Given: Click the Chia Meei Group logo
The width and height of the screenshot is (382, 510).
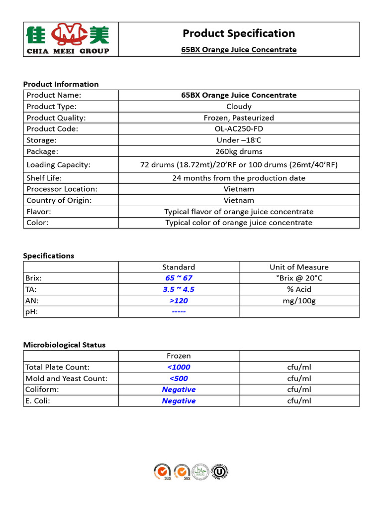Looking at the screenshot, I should (x=68, y=38).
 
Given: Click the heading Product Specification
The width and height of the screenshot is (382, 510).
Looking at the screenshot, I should (x=239, y=33).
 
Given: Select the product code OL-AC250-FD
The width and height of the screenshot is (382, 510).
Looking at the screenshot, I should (x=239, y=129).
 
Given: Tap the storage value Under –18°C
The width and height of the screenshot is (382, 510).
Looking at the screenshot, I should (x=239, y=140).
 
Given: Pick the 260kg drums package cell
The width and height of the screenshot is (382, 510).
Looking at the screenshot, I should (x=239, y=151).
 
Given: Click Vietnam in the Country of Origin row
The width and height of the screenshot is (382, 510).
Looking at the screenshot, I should (x=239, y=200).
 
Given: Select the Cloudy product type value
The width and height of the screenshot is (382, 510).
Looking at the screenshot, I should (x=239, y=107).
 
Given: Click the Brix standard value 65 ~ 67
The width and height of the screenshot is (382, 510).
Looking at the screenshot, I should (x=179, y=278).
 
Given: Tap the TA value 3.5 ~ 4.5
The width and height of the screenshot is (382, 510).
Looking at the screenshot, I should (x=179, y=289).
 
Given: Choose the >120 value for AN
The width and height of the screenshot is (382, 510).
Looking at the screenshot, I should (x=179, y=301).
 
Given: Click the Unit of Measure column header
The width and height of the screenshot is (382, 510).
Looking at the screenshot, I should (x=299, y=267).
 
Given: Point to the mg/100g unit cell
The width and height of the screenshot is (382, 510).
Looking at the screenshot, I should (x=299, y=301).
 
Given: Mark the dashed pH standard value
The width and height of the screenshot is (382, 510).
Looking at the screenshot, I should (x=179, y=312).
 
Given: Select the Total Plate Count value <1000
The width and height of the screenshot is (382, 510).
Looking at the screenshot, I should (x=179, y=367).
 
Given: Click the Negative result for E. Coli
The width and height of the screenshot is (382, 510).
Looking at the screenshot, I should (x=179, y=401).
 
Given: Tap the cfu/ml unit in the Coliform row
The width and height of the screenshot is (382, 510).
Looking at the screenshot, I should (x=299, y=389).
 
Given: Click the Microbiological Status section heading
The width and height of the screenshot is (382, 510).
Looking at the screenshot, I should (x=64, y=345).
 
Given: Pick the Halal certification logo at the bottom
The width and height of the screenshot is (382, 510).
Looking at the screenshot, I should (x=200, y=471).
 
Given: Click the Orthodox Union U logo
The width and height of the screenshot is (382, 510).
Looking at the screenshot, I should (x=219, y=471).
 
